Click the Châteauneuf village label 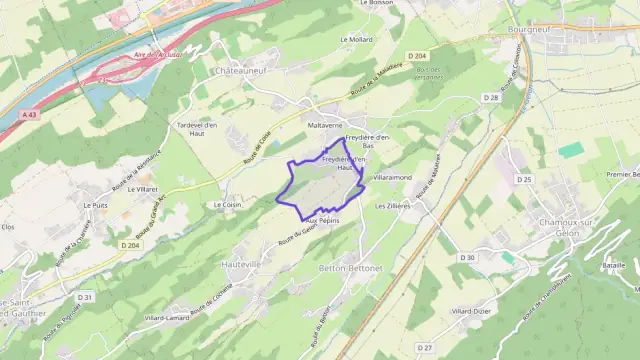(238, 71)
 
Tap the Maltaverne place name (324, 125)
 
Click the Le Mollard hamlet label (355, 40)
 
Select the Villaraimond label (393, 176)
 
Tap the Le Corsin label (228, 204)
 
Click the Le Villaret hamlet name (146, 188)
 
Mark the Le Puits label (96, 205)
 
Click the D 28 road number (490, 97)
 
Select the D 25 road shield (524, 178)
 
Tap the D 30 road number (467, 258)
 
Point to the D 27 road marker (424, 346)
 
